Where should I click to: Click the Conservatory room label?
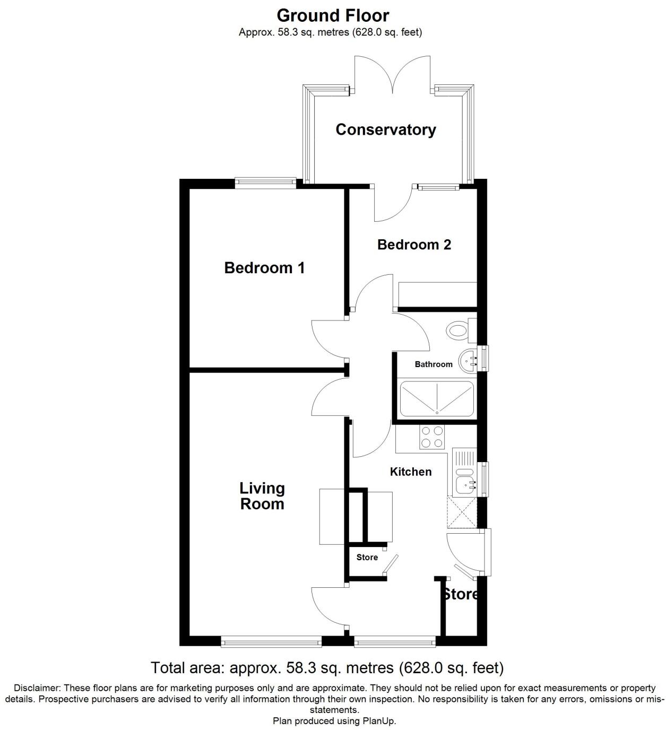click(x=386, y=129)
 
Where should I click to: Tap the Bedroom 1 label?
click(x=264, y=267)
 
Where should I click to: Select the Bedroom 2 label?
click(x=414, y=245)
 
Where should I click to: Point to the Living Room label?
click(x=262, y=496)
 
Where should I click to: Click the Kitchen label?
click(x=411, y=472)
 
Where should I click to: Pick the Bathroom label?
click(x=434, y=364)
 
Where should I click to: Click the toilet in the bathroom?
click(x=458, y=331)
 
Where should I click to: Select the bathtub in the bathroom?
click(x=436, y=398)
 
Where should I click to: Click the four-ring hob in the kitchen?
click(x=431, y=437)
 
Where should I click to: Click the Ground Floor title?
click(x=333, y=15)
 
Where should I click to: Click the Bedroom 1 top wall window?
click(x=265, y=183)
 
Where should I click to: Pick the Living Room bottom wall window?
click(x=271, y=642)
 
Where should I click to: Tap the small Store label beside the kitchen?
click(x=367, y=558)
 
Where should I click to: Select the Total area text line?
click(x=327, y=667)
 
